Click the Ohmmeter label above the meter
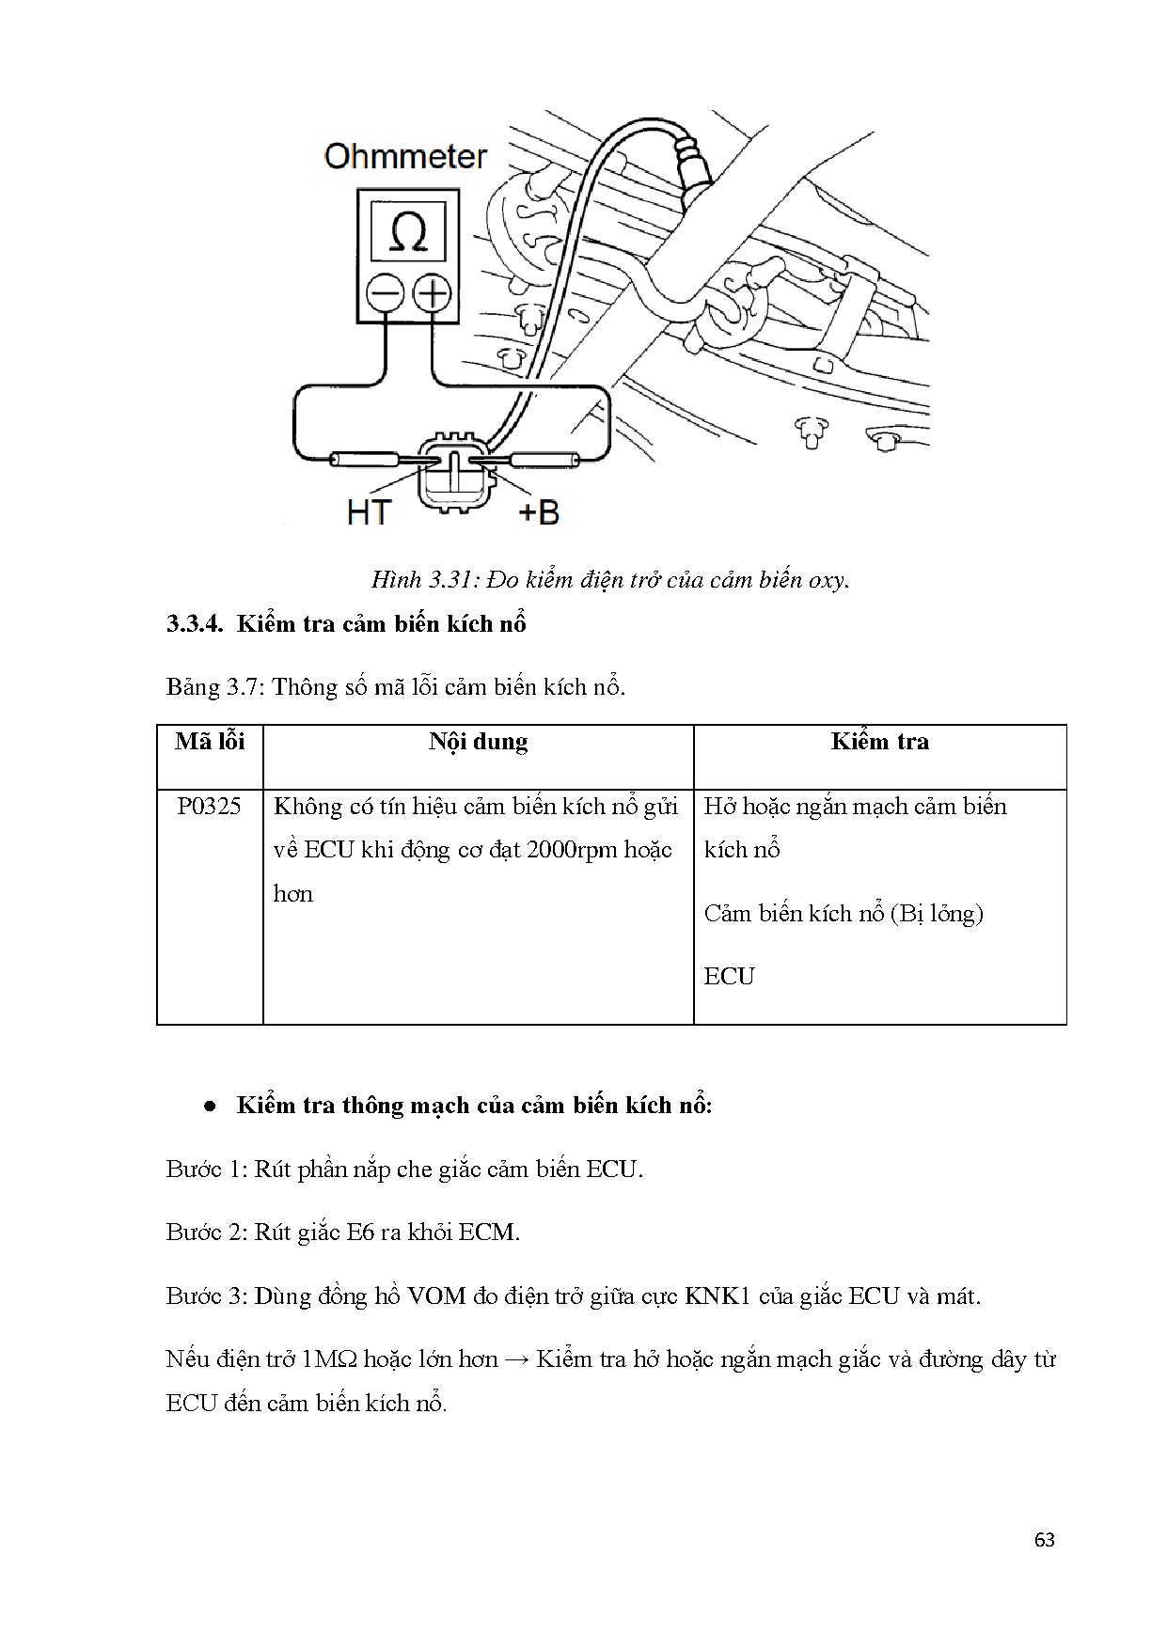click(405, 156)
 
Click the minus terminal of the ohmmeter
click(385, 295)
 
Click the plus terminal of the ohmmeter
click(432, 295)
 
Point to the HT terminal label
click(369, 512)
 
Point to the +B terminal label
click(539, 512)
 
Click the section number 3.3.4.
click(196, 624)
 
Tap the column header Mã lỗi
click(210, 742)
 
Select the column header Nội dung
click(478, 742)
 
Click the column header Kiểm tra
click(879, 742)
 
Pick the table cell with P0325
click(210, 807)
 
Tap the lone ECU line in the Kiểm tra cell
click(729, 977)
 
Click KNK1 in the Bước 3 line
click(718, 1296)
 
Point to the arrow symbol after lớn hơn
click(516, 1359)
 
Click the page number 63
click(1044, 1541)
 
